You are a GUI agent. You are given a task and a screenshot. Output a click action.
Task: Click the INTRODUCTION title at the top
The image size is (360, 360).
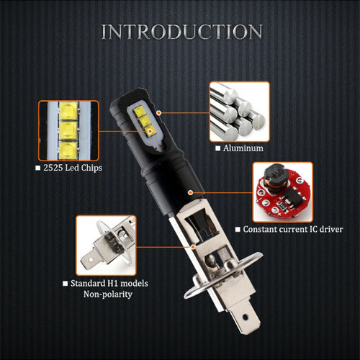tap(180, 32)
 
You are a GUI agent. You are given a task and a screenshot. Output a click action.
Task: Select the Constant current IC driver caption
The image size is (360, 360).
tap(293, 230)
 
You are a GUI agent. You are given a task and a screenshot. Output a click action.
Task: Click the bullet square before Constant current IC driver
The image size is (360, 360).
tap(238, 230)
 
